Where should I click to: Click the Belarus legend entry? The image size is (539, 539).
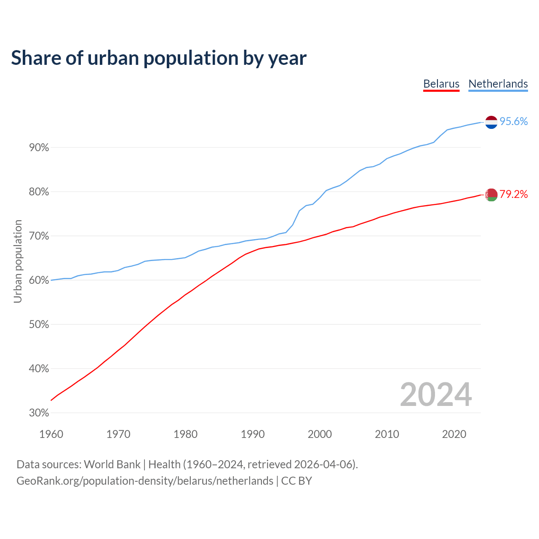point(441,84)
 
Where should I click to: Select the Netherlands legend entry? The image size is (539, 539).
point(498,84)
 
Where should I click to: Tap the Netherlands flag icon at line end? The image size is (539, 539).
point(491,122)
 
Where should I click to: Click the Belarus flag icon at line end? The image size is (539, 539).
point(491,195)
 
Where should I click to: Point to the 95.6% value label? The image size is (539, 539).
point(513,122)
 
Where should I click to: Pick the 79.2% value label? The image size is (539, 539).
point(513,194)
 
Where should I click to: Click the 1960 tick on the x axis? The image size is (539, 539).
point(51,434)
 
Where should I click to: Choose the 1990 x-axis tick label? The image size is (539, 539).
point(253,434)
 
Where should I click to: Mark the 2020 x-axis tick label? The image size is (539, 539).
point(454,434)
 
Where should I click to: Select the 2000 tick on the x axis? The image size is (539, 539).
point(320,434)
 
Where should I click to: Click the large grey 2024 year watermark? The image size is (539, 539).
point(436,395)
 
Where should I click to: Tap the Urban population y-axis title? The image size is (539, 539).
point(18,261)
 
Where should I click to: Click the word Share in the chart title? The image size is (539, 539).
point(35,58)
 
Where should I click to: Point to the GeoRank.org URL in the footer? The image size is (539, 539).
point(144,481)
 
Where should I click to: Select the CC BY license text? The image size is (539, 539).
point(296,481)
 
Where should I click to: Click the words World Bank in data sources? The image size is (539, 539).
point(112,464)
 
